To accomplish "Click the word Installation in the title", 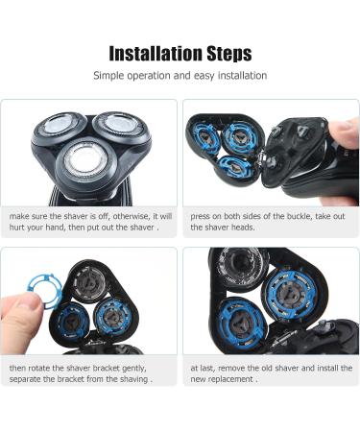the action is tap(156, 53).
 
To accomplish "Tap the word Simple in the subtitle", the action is tap(108, 76).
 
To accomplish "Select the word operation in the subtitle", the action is tap(149, 76).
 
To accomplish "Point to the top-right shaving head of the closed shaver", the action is tap(122, 126).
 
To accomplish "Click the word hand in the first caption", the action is tap(55, 228).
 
